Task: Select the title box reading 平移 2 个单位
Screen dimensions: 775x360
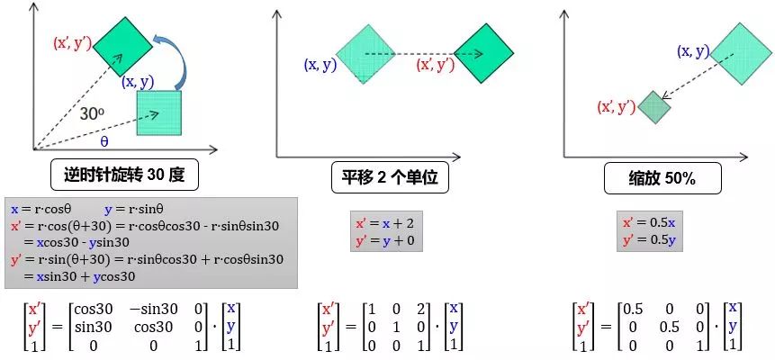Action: (390, 177)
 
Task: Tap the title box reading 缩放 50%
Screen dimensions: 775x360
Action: (650, 177)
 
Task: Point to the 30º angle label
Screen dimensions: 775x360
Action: (94, 116)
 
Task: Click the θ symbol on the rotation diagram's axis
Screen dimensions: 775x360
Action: (104, 142)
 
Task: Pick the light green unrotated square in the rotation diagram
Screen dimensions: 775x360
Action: (158, 112)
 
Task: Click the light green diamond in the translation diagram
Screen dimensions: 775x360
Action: (365, 54)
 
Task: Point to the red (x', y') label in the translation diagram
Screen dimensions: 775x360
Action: (435, 65)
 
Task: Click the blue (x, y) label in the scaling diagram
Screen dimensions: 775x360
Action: (693, 51)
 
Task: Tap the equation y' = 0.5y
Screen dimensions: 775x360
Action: (651, 240)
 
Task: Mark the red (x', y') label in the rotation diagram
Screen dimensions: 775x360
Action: (73, 43)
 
